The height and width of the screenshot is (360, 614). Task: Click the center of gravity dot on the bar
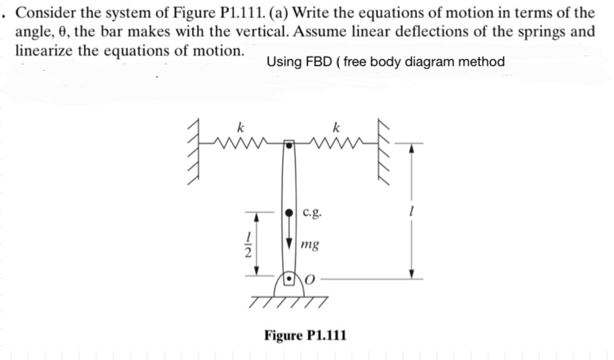click(x=290, y=213)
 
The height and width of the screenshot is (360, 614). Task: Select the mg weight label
click(x=308, y=245)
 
